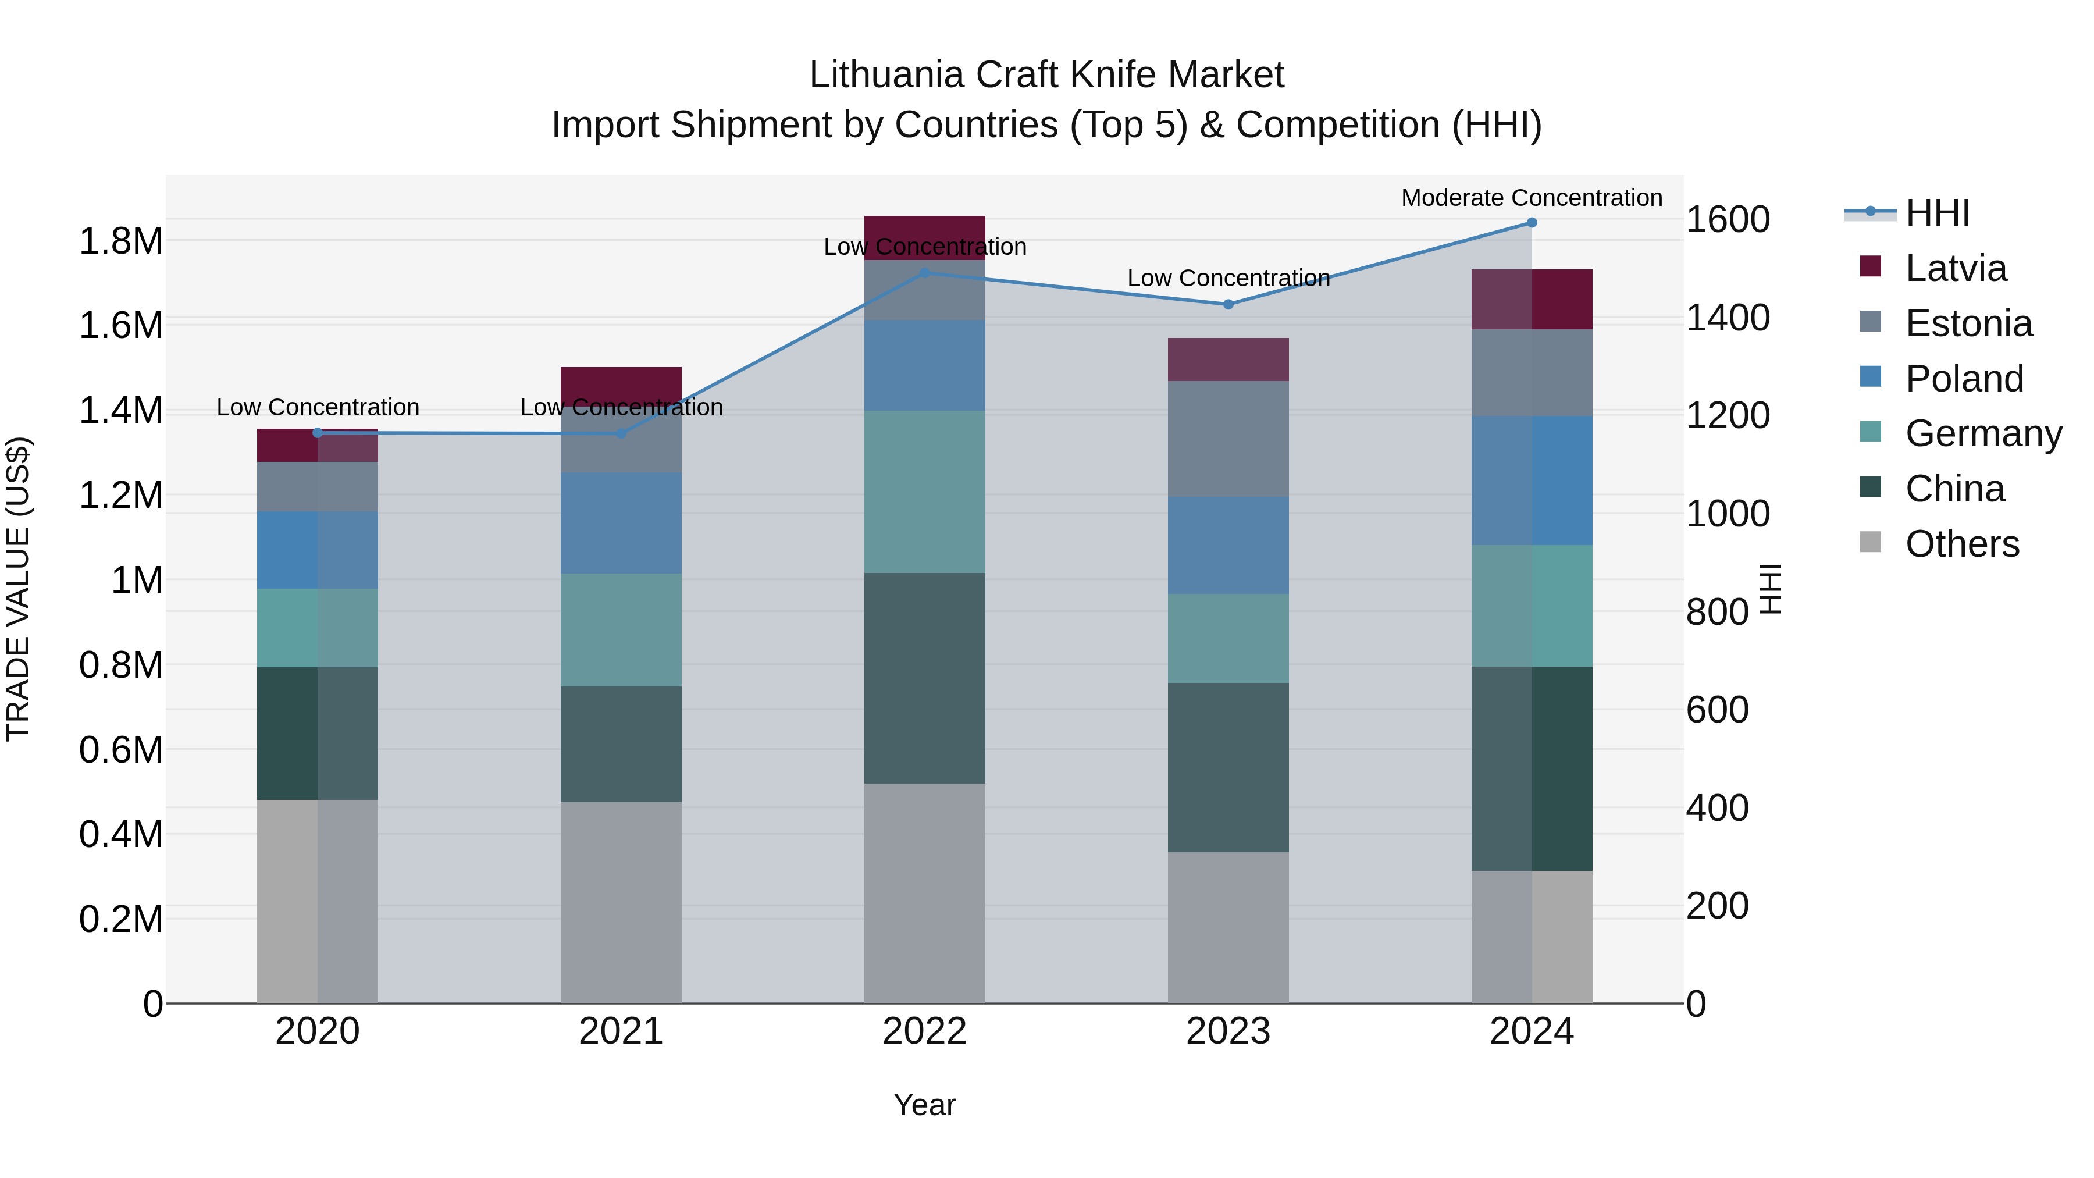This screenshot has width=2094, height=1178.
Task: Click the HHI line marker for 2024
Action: pos(1532,223)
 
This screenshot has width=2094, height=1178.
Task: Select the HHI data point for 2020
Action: pos(318,432)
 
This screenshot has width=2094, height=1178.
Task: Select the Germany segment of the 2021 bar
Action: pos(621,630)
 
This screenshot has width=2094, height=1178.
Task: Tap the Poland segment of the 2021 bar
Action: pos(621,523)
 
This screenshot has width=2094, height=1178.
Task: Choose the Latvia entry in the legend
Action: pos(1955,268)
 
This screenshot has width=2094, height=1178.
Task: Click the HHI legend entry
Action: pos(1937,213)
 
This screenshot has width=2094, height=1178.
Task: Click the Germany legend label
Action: pos(1983,433)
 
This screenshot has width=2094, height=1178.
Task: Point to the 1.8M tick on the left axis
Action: pos(121,241)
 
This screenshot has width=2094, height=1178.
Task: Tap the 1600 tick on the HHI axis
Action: pos(1728,219)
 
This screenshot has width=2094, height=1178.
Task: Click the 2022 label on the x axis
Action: pos(924,1031)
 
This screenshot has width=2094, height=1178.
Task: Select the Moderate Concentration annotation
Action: pos(1532,198)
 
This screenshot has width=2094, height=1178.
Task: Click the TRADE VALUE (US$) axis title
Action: pos(18,589)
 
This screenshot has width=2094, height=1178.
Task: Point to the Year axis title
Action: pos(924,1105)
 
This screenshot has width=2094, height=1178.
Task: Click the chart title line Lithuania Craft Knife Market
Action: pos(1046,75)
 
